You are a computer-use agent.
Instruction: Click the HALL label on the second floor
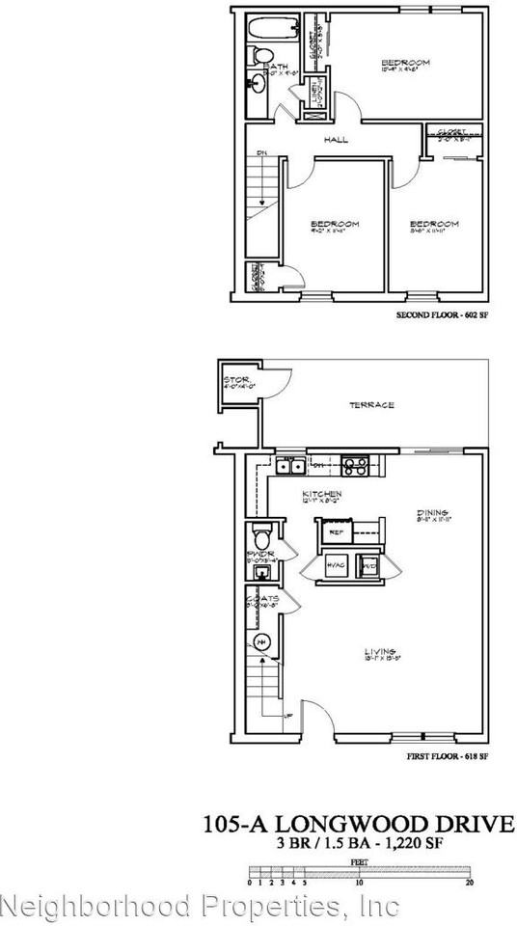pos(337,140)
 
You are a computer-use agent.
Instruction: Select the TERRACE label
pos(371,404)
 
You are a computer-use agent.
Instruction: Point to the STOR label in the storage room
pos(236,381)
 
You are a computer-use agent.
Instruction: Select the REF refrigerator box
pos(338,531)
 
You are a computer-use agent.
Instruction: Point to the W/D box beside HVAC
pos(367,566)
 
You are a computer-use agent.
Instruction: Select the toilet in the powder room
pos(260,536)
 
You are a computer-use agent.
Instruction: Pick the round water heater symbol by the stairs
pos(260,642)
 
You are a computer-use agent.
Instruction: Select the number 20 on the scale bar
pos(470,883)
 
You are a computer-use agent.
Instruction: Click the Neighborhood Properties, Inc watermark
pos(200,907)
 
